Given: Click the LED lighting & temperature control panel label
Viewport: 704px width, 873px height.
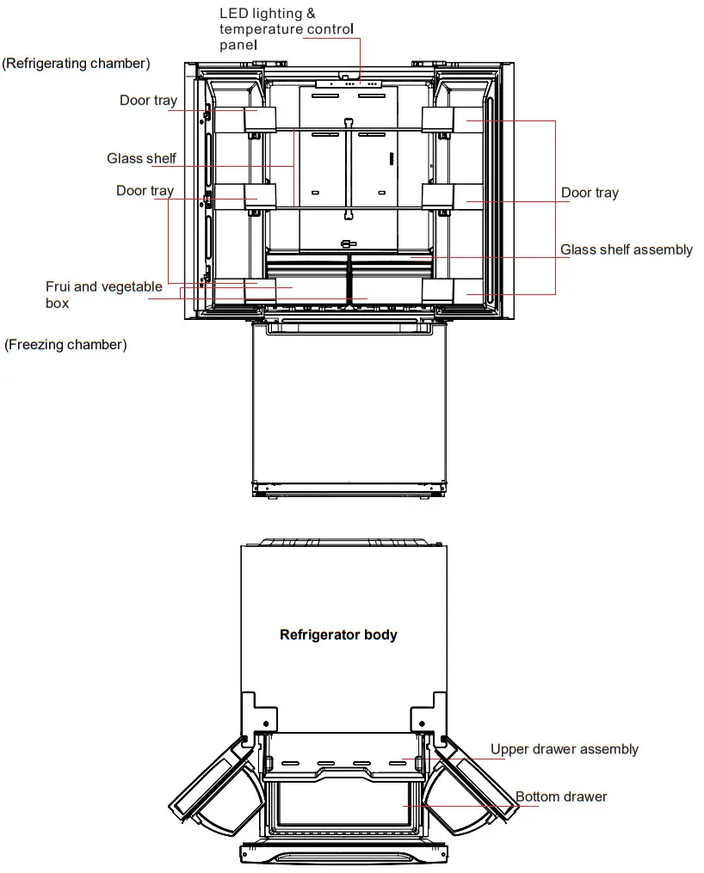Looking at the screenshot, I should click(286, 29).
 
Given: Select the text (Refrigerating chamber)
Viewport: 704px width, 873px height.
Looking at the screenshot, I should click(76, 63).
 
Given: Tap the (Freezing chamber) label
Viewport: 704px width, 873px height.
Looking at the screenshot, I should click(65, 345).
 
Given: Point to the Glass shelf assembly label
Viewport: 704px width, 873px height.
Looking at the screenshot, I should click(626, 250).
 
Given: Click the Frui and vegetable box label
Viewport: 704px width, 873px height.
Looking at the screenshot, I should click(103, 294).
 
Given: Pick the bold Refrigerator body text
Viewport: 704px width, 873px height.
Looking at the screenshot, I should click(338, 635).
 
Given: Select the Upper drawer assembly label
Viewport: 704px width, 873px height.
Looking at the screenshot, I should click(564, 749).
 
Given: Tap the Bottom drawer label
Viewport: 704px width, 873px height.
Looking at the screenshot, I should click(560, 796).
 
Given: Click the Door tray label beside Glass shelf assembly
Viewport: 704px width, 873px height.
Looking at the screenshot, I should click(590, 193).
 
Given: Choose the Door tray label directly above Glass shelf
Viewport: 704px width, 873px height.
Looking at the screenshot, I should click(148, 101).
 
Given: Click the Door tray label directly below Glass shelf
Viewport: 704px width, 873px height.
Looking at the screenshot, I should click(145, 191).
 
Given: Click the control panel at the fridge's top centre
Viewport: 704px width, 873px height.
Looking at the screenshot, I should click(349, 84).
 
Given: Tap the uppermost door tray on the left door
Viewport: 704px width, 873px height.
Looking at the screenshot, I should click(261, 120).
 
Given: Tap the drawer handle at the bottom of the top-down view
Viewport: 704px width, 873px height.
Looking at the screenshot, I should click(343, 855).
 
